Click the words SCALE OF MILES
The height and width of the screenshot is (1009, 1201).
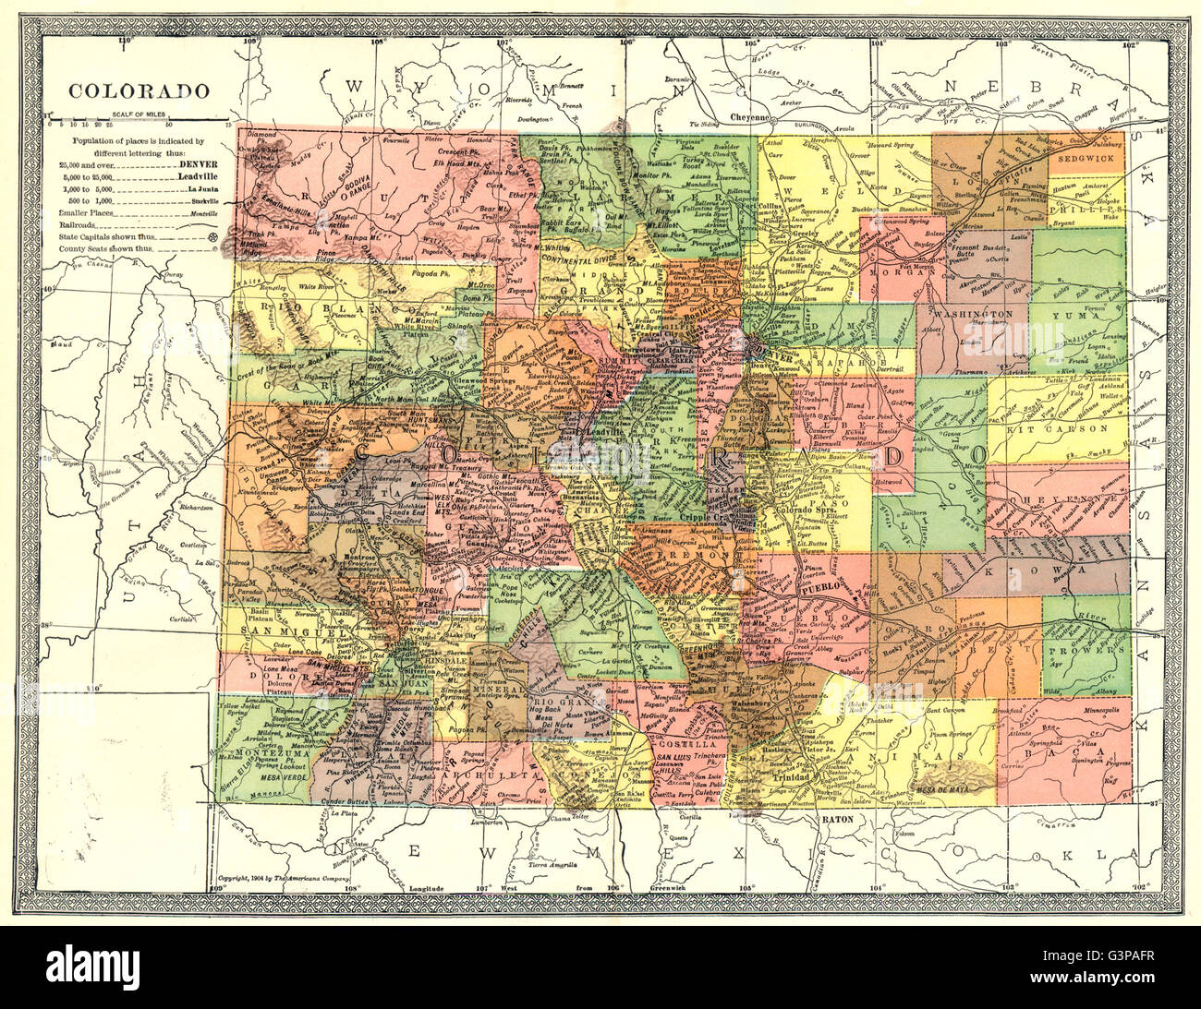tap(136, 114)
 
